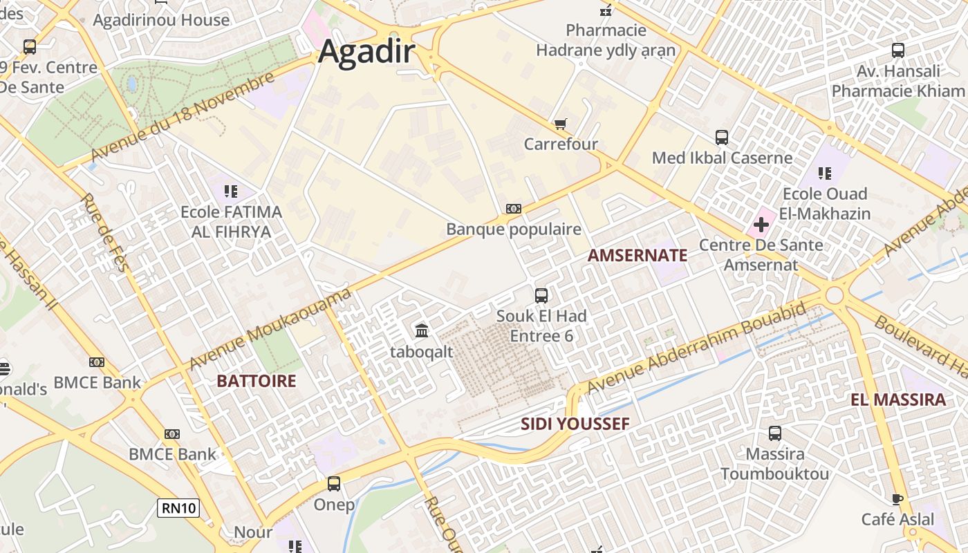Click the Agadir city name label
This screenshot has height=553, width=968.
coord(366,53)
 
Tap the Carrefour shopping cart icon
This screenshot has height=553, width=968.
coord(560,124)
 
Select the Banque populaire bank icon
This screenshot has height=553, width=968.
coord(513,209)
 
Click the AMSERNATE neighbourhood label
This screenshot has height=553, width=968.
coord(637,255)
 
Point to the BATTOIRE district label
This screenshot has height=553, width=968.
coord(256,381)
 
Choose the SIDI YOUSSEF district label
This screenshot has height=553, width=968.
coord(575,424)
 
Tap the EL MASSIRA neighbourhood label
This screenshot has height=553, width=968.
coord(897,400)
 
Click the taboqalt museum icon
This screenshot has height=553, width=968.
coord(421,331)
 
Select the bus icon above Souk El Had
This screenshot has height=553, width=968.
coord(541,296)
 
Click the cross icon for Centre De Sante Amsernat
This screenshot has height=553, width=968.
coord(761,225)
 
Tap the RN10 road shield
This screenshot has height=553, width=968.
coord(178,509)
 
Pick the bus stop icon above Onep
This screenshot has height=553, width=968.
coord(334,484)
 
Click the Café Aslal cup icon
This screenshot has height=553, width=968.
coord(897,499)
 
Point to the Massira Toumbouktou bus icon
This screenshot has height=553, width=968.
coord(775,433)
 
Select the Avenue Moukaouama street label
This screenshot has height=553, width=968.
coord(270,330)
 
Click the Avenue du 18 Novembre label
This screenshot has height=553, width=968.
coord(183,118)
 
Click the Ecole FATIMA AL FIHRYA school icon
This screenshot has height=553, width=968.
coord(231,191)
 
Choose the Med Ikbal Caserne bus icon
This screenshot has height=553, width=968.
coord(722,138)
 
